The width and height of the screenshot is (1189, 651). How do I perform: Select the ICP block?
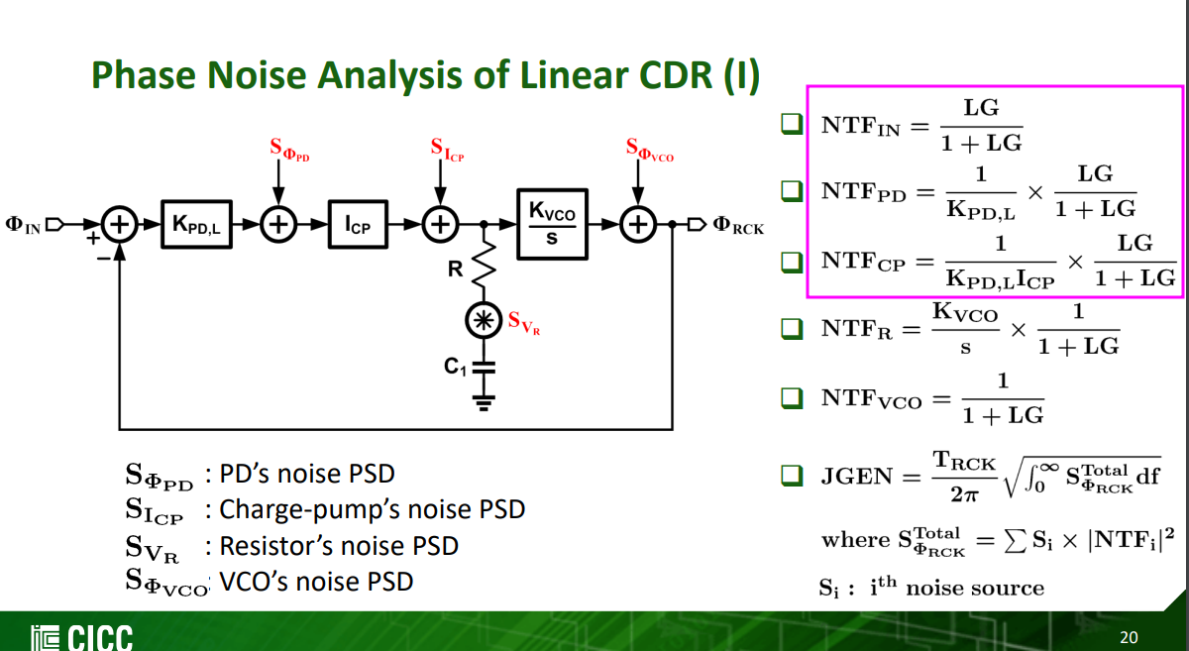click(x=358, y=226)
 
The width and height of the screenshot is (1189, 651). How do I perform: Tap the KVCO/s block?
click(x=552, y=224)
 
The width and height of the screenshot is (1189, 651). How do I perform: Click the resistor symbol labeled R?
click(x=485, y=265)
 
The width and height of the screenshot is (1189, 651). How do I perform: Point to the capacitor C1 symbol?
click(x=484, y=367)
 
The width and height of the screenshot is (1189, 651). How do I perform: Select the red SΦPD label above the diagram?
click(x=289, y=150)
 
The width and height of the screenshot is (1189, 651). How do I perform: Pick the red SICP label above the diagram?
click(x=447, y=150)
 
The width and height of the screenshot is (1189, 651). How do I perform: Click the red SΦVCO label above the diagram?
click(x=649, y=150)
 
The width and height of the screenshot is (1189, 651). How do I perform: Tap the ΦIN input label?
click(x=25, y=226)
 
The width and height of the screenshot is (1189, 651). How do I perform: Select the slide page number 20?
click(x=1129, y=635)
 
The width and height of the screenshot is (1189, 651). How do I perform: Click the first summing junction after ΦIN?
click(x=120, y=226)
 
